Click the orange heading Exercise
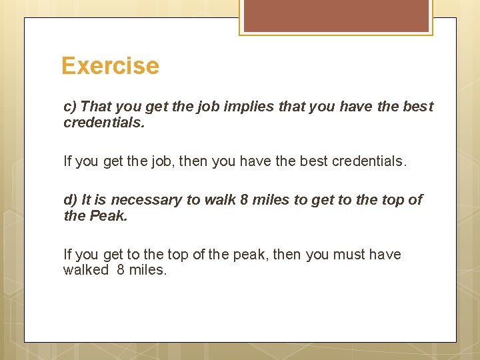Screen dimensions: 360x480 pyautogui.click(x=110, y=66)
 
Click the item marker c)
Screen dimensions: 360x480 pyautogui.click(x=70, y=107)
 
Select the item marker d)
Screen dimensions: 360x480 pyautogui.click(x=70, y=200)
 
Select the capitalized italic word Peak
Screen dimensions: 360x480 pyautogui.click(x=107, y=216)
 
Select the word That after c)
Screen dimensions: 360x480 pyautogui.click(x=96, y=107)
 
